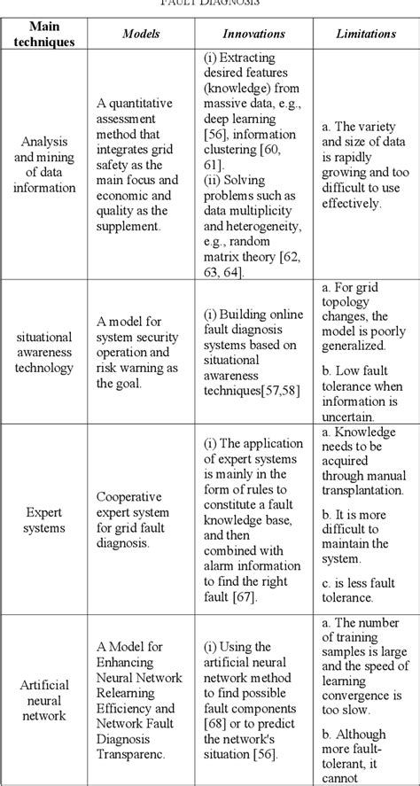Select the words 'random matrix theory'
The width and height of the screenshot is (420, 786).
[x=245, y=253]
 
